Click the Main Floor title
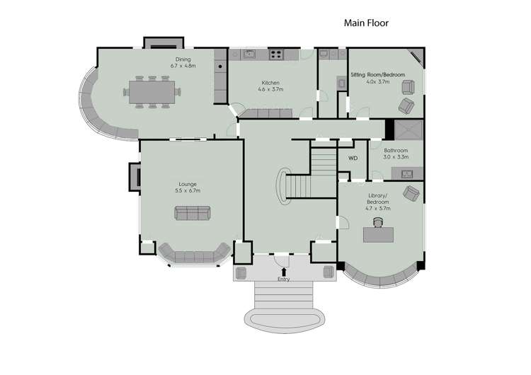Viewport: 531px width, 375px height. point(366,23)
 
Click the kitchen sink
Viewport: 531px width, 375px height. point(249,53)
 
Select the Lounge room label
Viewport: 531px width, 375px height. point(188,187)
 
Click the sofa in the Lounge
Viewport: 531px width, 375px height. point(192,213)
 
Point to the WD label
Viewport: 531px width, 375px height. point(353,158)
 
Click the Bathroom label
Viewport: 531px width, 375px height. point(396,154)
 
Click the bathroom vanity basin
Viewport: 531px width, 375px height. point(407,174)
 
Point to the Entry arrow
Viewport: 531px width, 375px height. point(285,270)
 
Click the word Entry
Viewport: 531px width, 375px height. point(284,279)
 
